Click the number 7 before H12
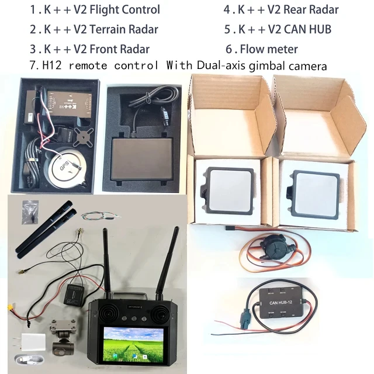33,65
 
